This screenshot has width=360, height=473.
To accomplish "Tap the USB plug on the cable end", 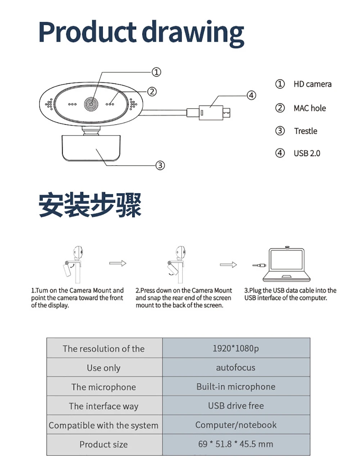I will (212, 113).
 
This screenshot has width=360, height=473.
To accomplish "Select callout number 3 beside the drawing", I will (160, 165).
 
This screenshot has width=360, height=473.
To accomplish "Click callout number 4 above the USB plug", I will (251, 95).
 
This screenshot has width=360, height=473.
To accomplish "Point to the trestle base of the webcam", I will (91, 148).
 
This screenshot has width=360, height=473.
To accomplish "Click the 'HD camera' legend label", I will (312, 84).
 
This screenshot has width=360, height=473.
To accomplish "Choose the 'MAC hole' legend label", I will (310, 108).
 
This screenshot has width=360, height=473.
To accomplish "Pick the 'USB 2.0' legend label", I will (307, 153).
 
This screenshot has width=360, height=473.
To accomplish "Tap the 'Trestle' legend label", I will (305, 131).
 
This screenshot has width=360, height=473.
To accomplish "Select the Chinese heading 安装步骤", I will (90, 205).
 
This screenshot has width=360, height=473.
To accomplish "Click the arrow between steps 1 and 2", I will (118, 263).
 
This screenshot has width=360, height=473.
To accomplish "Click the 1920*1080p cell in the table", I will (236, 348).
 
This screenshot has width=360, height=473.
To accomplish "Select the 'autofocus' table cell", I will (236, 368).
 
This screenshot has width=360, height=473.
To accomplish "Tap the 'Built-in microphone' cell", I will (236, 387).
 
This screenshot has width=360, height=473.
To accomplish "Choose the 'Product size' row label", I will (104, 445).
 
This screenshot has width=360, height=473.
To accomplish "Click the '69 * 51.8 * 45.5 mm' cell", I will (236, 444).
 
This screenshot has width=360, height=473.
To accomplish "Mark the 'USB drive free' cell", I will (236, 406).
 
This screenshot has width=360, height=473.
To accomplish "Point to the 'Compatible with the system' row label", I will (104, 425).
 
